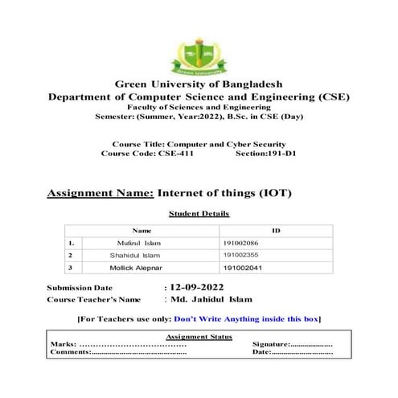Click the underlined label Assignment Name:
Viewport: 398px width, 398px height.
pyautogui.click(x=100, y=193)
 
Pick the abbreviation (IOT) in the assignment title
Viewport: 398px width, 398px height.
pyautogui.click(x=274, y=193)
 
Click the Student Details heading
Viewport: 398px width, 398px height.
pyautogui.click(x=199, y=214)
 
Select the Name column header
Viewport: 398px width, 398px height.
pyautogui.click(x=142, y=231)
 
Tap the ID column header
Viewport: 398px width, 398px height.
pyautogui.click(x=276, y=231)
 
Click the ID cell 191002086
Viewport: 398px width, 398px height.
pyautogui.click(x=241, y=242)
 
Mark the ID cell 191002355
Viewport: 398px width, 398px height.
pyautogui.click(x=241, y=255)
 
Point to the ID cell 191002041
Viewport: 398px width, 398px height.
pyautogui.click(x=241, y=267)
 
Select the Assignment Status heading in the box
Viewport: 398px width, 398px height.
pyautogui.click(x=199, y=336)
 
